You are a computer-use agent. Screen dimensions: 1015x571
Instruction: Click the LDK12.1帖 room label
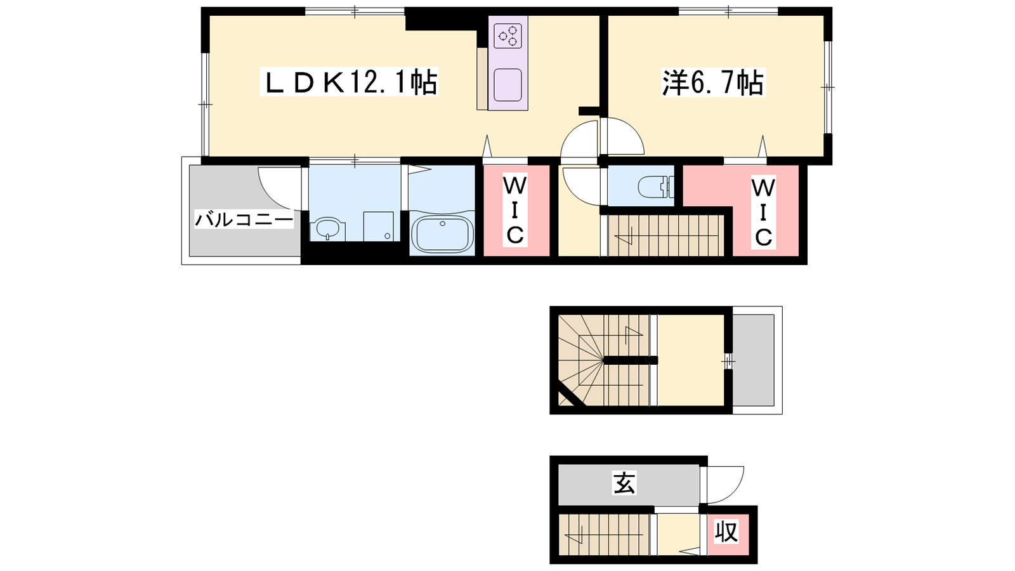click(x=349, y=82)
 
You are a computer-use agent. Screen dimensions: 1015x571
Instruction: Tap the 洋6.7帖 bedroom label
click(x=713, y=83)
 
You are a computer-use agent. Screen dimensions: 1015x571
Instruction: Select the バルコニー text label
click(x=244, y=220)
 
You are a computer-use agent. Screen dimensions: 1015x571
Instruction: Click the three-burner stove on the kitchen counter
click(x=507, y=36)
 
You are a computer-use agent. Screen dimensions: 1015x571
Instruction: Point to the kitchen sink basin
click(x=507, y=85)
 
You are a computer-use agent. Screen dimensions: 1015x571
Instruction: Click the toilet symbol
click(x=656, y=187)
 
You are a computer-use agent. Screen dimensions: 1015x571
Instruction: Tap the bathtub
click(x=442, y=234)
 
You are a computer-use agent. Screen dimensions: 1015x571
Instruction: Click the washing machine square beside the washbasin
click(x=378, y=226)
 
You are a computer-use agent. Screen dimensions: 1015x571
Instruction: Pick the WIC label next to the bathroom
click(x=515, y=210)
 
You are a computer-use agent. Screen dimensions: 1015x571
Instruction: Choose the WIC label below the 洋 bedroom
click(x=764, y=212)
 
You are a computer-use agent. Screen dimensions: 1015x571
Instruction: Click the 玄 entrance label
click(x=624, y=483)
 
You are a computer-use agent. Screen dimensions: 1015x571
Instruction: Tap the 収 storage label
click(x=726, y=531)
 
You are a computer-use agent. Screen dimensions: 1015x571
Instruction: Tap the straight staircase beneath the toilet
click(x=665, y=235)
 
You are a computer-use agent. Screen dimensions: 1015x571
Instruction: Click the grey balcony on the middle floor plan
click(x=753, y=360)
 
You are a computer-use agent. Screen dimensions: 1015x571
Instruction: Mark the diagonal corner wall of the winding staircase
click(x=572, y=393)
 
